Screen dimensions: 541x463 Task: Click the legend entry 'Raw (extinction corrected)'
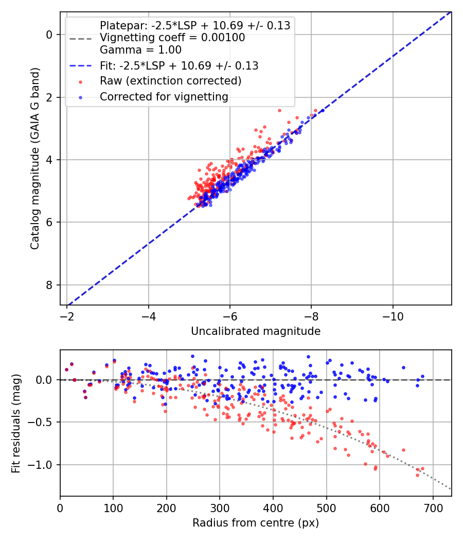tap(170, 81)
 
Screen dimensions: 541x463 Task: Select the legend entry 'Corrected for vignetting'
tap(164, 96)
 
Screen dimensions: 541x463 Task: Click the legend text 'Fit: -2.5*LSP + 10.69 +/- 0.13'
tap(179, 66)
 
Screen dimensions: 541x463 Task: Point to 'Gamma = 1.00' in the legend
tap(140, 50)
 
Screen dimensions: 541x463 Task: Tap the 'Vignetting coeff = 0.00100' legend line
tap(172, 38)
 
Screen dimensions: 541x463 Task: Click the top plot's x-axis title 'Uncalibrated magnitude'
tap(256, 331)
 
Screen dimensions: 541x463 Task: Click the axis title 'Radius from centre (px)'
tap(256, 523)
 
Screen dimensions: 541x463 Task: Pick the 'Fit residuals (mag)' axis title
tap(16, 423)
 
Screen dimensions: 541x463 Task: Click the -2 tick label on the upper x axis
tap(67, 315)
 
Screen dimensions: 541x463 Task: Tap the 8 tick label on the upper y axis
tap(49, 285)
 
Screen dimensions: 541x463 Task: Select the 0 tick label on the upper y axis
tap(49, 35)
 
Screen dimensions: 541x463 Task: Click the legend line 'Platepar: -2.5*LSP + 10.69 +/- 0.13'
tap(195, 25)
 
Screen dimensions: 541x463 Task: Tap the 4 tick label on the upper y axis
tap(49, 160)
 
